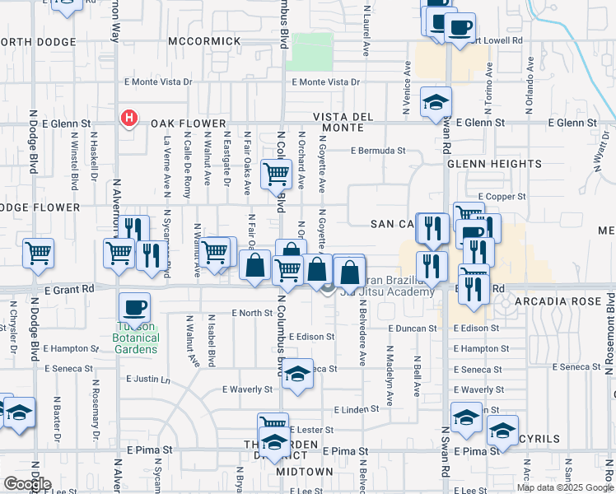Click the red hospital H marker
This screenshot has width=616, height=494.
[x=128, y=119]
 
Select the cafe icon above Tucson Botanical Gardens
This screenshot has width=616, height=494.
[x=135, y=309]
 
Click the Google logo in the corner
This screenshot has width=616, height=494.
[x=27, y=484]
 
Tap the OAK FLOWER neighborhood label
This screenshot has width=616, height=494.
[x=182, y=123]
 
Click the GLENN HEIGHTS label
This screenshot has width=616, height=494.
[x=494, y=164]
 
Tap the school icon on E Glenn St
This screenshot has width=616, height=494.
[x=436, y=103]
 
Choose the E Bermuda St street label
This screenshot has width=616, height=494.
[x=378, y=151]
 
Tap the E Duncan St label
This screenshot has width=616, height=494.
[x=412, y=328]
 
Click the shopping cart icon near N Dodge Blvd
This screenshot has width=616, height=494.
[x=38, y=252]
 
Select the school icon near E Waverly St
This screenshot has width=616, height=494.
[x=297, y=374]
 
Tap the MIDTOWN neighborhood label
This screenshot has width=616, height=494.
[x=304, y=472]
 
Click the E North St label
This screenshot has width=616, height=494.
[x=252, y=313]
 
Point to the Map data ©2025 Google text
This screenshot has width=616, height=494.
[x=565, y=487]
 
